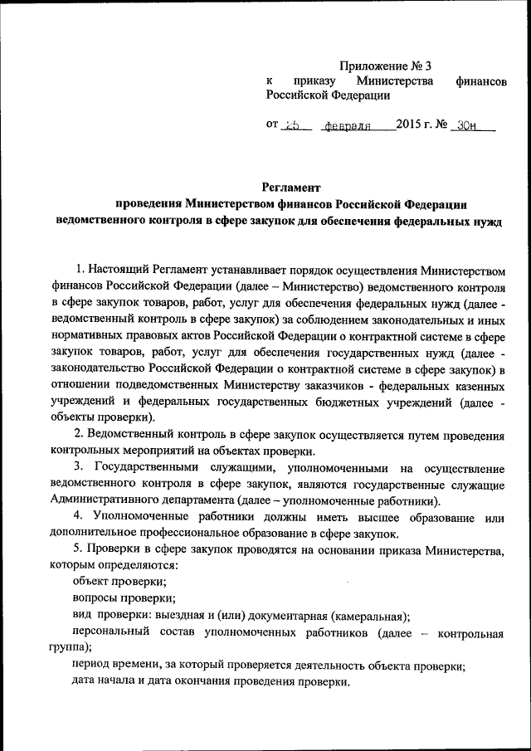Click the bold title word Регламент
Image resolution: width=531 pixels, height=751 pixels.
click(290, 188)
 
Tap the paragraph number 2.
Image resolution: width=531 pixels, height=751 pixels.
click(78, 436)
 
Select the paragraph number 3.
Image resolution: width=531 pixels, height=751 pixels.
click(79, 468)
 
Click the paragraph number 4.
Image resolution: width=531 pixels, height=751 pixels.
click(79, 518)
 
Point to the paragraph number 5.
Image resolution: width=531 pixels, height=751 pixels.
click(78, 550)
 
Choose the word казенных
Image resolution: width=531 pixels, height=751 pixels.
click(472, 386)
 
